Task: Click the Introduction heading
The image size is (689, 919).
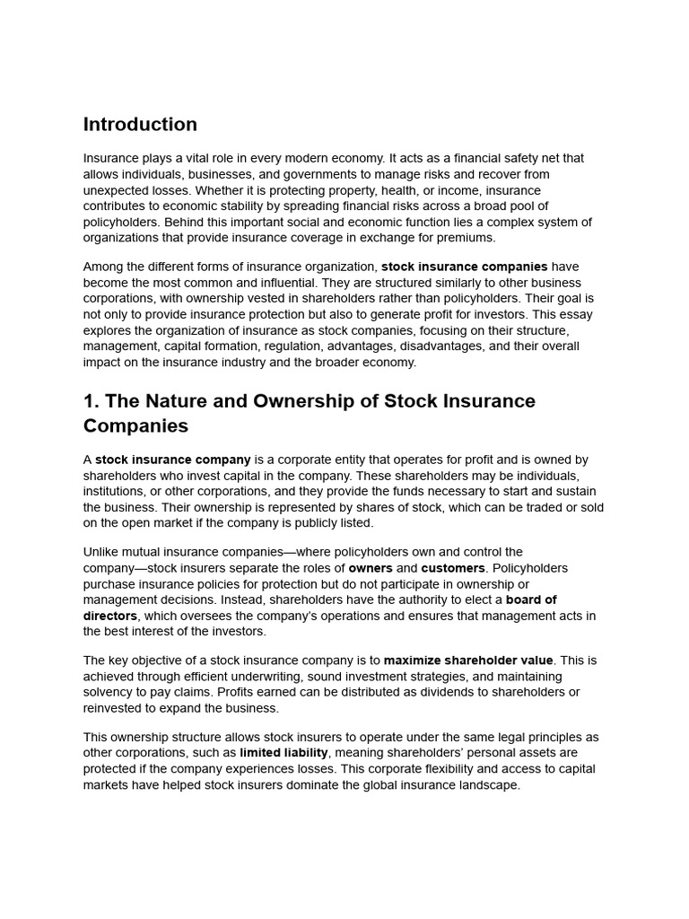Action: [140, 125]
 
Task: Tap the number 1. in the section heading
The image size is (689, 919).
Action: [91, 401]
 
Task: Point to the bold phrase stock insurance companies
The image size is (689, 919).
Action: [464, 267]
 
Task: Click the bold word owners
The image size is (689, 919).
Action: [371, 568]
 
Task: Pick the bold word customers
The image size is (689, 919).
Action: [453, 568]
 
